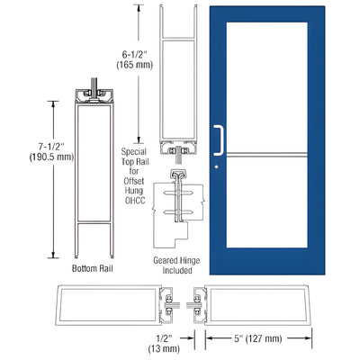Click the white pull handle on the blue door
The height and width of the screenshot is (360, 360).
point(217,139)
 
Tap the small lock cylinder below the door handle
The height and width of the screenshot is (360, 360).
point(218,166)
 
